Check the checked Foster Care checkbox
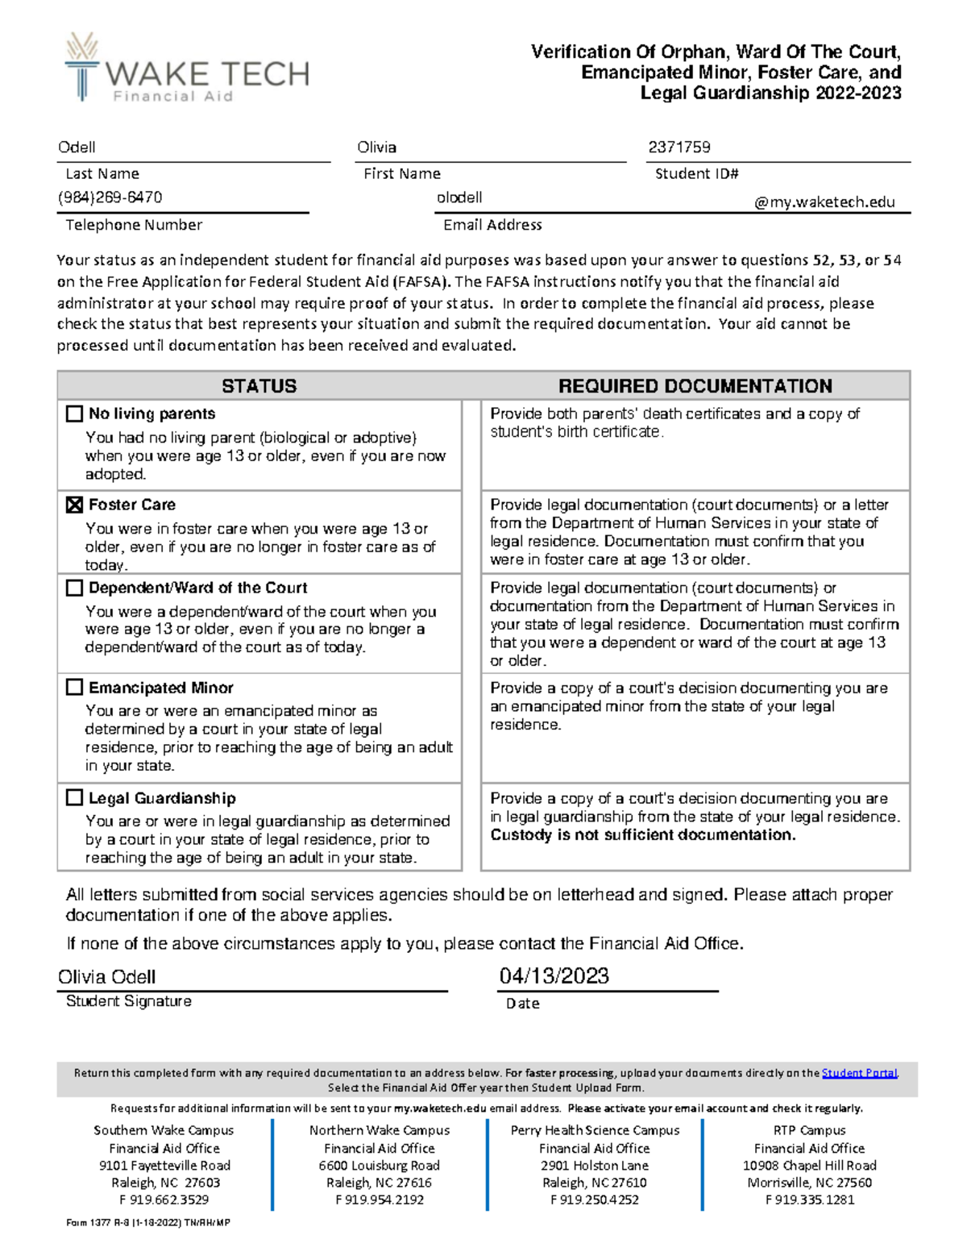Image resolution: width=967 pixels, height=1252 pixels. tap(74, 505)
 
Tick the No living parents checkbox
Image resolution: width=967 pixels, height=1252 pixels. tap(74, 414)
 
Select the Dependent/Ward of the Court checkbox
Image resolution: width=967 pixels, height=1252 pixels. tap(74, 588)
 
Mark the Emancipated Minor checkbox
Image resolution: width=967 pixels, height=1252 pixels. tap(74, 688)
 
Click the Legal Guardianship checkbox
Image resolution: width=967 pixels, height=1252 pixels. tap(74, 798)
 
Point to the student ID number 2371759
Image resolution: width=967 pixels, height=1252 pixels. tap(679, 148)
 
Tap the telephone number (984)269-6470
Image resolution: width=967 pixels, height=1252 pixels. tap(110, 198)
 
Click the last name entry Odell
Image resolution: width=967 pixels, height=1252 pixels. tap(77, 148)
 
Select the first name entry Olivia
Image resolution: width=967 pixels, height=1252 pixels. tap(376, 148)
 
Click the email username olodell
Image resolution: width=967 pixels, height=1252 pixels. tap(459, 198)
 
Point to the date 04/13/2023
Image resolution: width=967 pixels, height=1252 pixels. tap(554, 976)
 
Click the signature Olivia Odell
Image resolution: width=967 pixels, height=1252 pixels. tap(106, 977)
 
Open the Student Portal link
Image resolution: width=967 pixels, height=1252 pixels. tap(859, 1073)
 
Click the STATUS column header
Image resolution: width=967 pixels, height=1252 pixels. tap(259, 386)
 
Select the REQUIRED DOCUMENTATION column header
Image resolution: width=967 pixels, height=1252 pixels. tap(695, 386)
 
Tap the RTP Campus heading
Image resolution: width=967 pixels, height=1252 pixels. tap(809, 1130)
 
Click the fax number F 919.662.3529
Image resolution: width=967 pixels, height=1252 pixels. tap(164, 1200)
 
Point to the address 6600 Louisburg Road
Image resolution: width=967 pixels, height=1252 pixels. tap(379, 1166)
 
